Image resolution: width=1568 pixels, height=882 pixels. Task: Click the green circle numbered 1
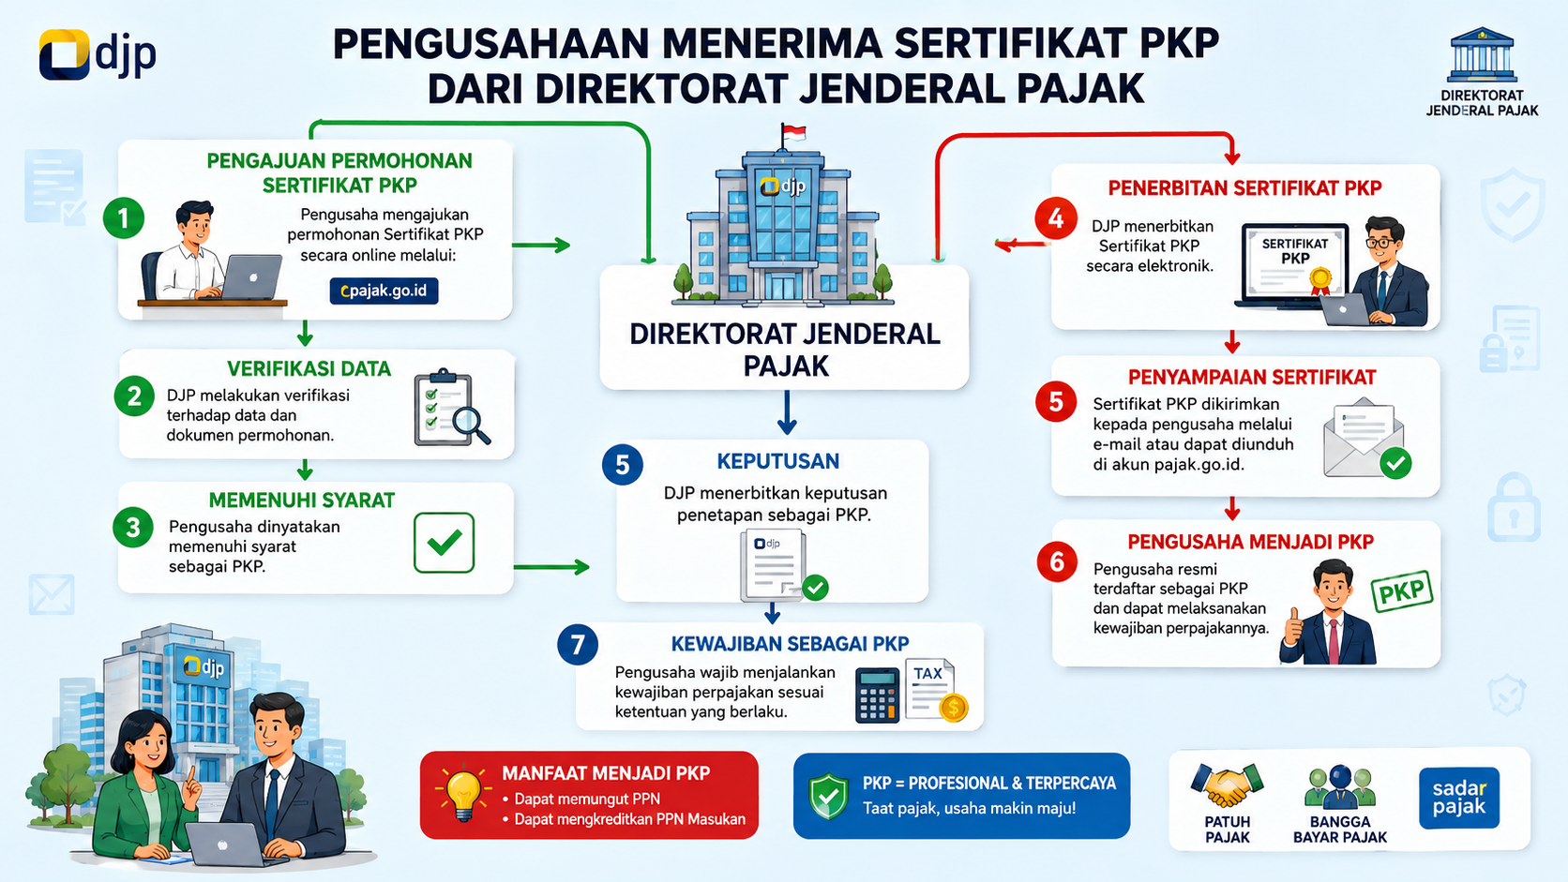[124, 218]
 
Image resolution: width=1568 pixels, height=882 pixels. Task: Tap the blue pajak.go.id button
[384, 291]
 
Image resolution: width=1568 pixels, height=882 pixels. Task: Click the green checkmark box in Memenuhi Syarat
[444, 543]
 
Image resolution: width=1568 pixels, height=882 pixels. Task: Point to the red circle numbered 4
[1056, 218]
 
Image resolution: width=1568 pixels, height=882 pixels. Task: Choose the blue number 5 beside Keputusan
[623, 465]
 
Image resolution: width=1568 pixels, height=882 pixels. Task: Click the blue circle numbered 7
[578, 644]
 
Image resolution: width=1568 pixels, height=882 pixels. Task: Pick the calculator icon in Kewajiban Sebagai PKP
[877, 695]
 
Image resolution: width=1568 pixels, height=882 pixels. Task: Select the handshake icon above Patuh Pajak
[1227, 786]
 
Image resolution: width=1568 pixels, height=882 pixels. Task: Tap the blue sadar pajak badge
[1459, 798]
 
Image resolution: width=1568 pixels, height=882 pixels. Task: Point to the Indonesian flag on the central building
[793, 132]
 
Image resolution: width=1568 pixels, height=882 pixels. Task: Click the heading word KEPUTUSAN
[777, 462]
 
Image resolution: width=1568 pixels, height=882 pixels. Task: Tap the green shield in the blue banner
[829, 796]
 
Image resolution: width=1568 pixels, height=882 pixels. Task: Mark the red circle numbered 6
[1056, 561]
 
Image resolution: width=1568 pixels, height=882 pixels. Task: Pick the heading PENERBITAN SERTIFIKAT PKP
[1244, 188]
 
